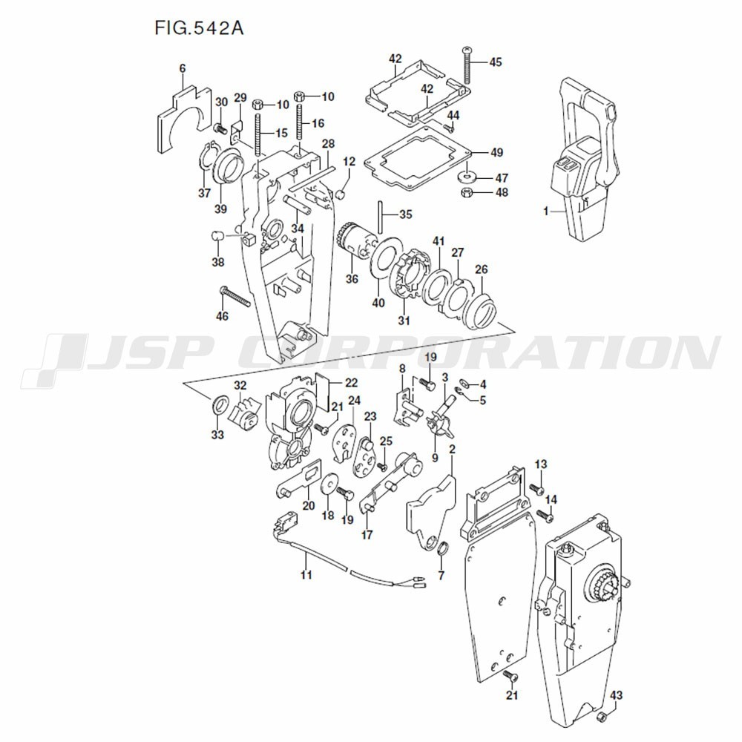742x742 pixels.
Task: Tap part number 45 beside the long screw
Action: tap(496, 62)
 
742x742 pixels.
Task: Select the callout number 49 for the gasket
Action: tap(496, 153)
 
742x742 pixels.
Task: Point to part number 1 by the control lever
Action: tap(545, 211)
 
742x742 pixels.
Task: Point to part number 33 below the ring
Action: tap(217, 435)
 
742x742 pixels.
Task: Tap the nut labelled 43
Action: tap(603, 718)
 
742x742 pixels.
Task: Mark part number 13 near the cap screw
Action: tap(541, 464)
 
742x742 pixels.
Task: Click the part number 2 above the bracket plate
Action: tap(452, 450)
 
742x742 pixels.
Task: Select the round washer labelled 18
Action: tap(327, 485)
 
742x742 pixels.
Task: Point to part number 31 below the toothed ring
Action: tap(404, 321)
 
